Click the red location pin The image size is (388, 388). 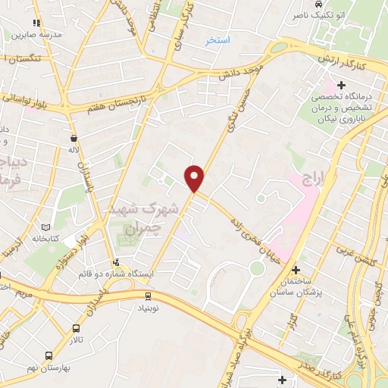(x=196, y=178)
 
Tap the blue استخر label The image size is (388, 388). (x=218, y=39)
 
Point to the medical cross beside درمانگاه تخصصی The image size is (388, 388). (x=331, y=83)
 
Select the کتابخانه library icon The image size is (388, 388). (x=47, y=227)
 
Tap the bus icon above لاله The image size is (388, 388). (x=74, y=139)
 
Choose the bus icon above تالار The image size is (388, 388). (x=77, y=328)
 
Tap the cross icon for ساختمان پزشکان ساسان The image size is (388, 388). (x=296, y=270)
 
